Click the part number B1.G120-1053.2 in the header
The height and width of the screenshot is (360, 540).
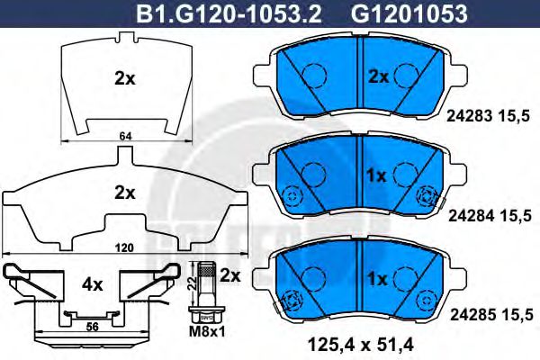coord(229,14)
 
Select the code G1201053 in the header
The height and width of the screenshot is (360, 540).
coord(409,14)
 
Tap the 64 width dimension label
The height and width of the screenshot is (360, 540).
coord(126,136)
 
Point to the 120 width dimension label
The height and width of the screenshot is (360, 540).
coord(125,247)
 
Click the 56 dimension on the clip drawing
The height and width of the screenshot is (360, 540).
coord(92,326)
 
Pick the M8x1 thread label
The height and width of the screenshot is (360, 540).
coord(207,332)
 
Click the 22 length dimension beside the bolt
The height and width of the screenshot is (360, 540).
coord(193,283)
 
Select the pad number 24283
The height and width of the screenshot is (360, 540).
coord(470,116)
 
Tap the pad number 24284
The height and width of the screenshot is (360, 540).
coord(471,216)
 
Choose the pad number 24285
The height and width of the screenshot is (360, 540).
coord(472,314)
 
